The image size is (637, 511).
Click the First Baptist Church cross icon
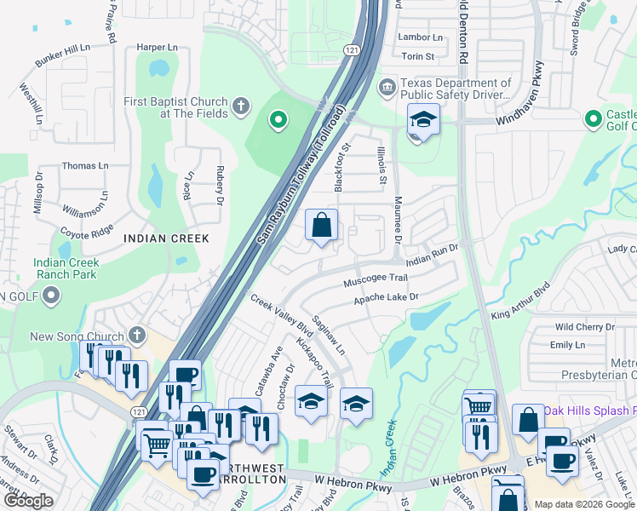tap(241, 106)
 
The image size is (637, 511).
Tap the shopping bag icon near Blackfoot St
tap(322, 227)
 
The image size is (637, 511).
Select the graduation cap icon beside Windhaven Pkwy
tap(422, 123)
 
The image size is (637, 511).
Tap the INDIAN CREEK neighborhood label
tap(166, 238)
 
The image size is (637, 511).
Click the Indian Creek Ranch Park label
tap(66, 269)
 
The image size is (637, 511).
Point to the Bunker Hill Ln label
tap(62, 56)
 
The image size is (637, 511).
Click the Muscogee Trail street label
tap(376, 280)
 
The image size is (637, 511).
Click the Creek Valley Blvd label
tap(282, 316)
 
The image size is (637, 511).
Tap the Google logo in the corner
tap(28, 501)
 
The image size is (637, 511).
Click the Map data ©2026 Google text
tap(584, 504)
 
